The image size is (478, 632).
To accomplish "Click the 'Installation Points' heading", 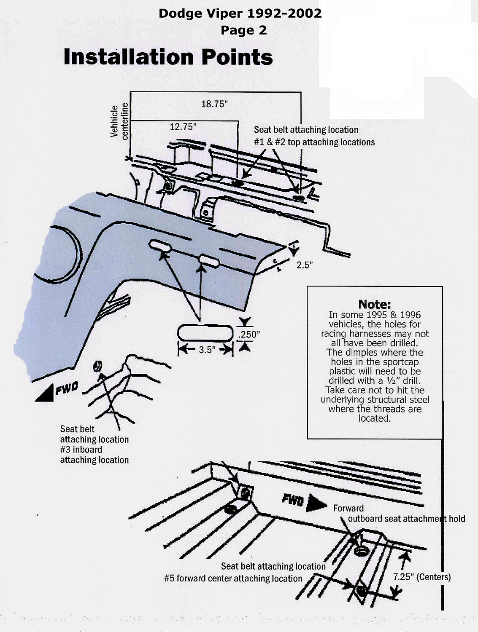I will coord(168,57).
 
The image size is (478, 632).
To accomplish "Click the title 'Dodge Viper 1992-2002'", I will coord(240,13).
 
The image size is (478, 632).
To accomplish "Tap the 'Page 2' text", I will coord(243,30).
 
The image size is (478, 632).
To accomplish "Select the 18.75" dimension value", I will coord(214,104).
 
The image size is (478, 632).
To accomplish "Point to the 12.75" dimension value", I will coord(183,127).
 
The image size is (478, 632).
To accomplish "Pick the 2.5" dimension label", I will coord(304,265).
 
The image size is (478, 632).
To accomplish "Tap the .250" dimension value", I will coord(249,335).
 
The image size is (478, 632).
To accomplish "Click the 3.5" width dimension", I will coord(205,350).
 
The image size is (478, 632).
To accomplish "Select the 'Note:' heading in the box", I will coord(374,304).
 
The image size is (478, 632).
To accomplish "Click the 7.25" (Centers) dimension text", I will coord(422,577).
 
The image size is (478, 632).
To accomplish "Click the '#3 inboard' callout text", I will coord(81,450).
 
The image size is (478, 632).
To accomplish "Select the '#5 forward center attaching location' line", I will coord(233,578).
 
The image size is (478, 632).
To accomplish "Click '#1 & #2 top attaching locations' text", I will coord(314,142).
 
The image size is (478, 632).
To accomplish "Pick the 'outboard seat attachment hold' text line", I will coord(406,519).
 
